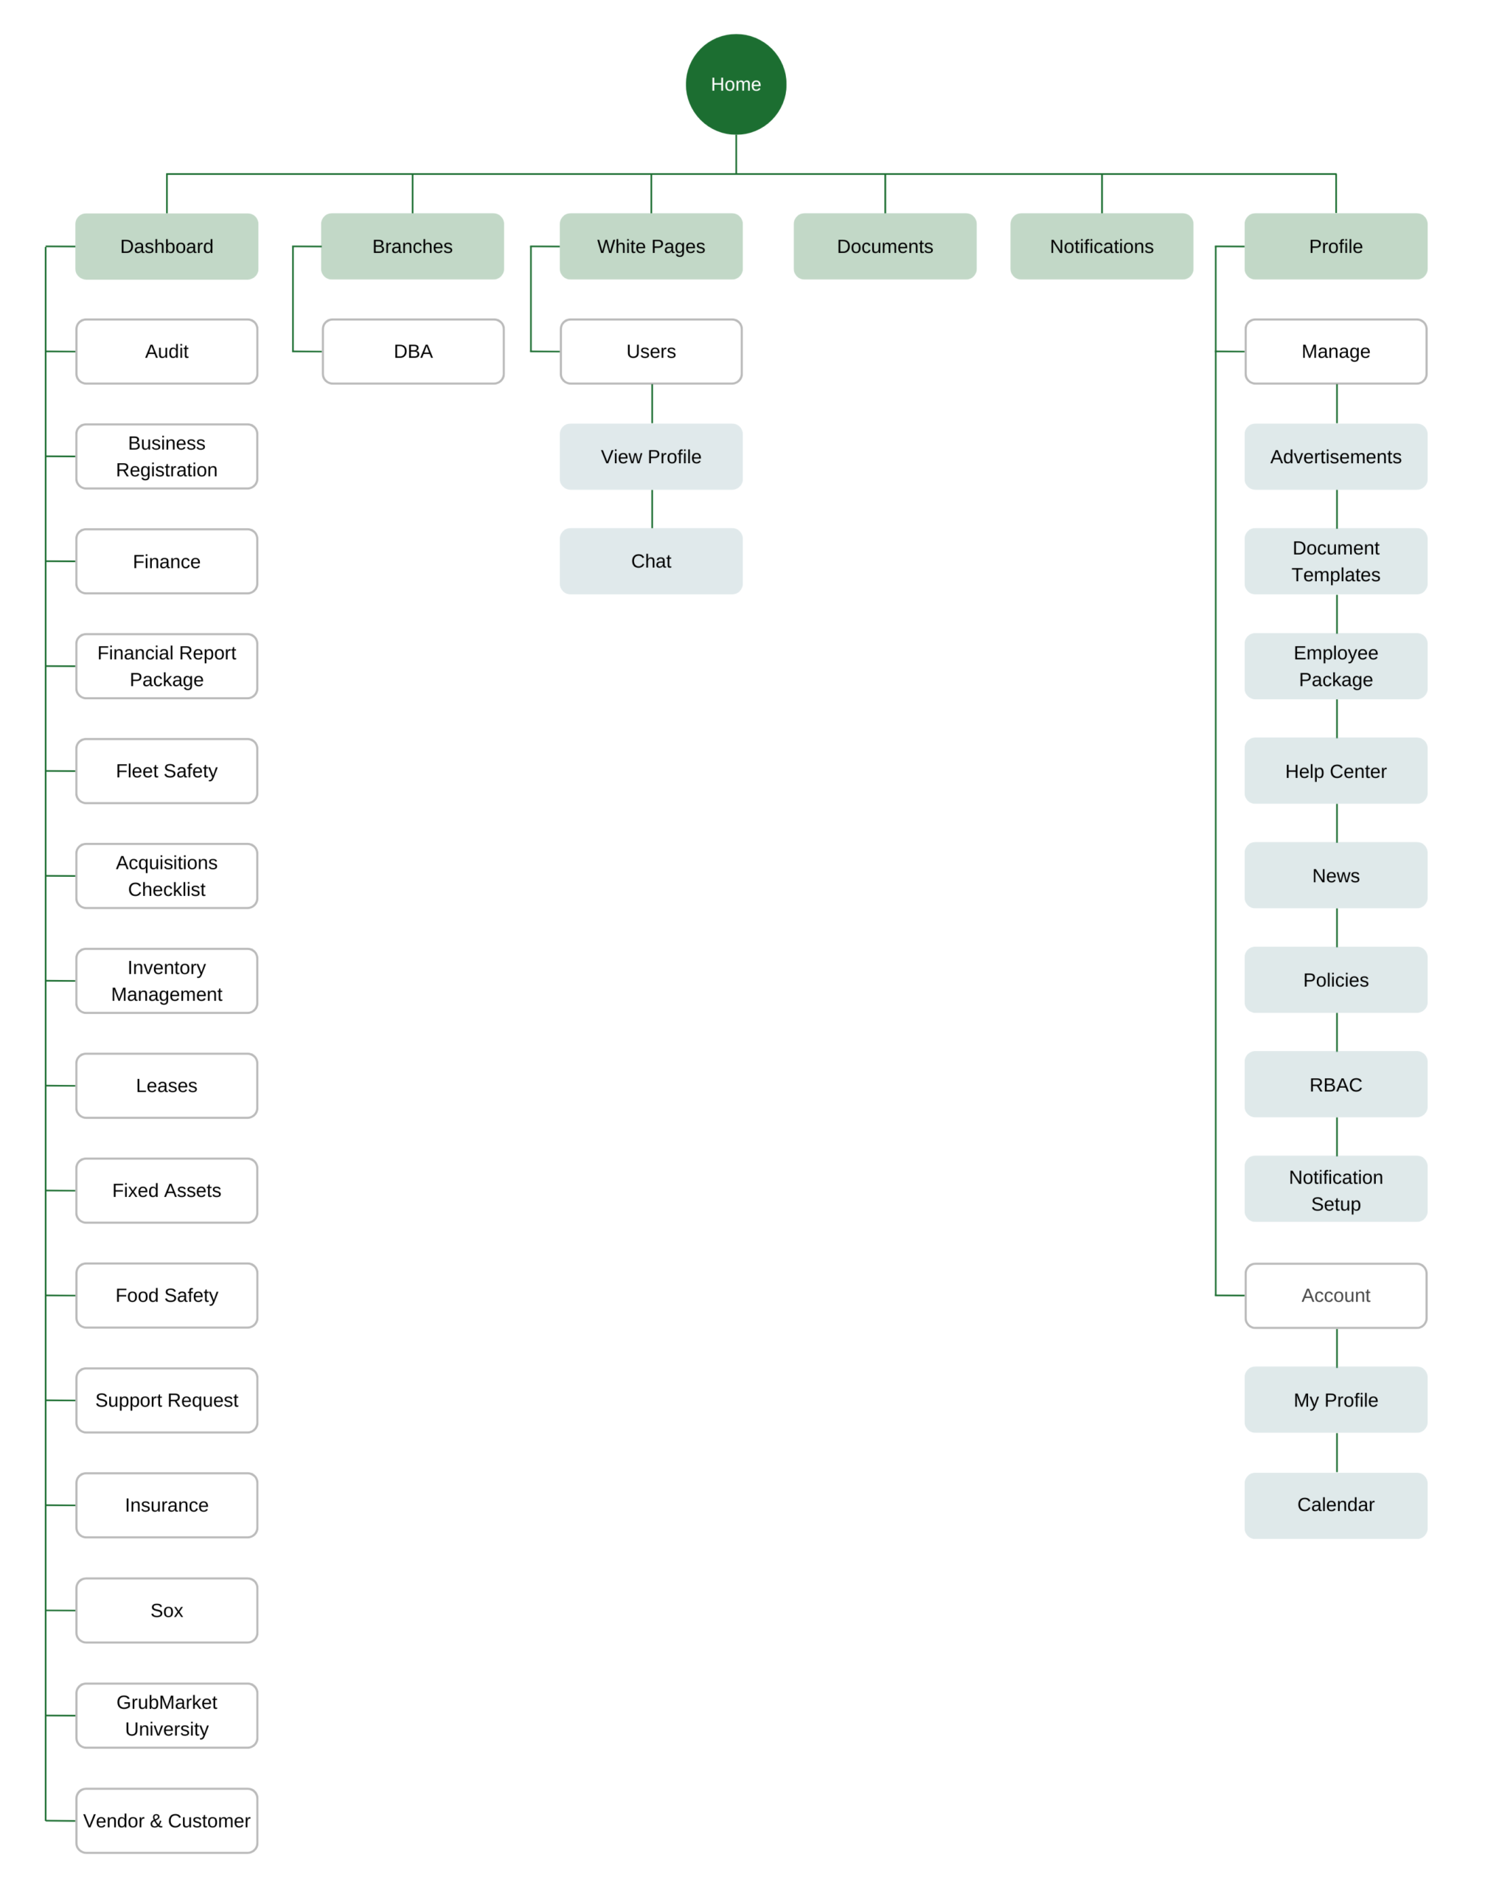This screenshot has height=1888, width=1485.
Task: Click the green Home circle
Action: click(736, 84)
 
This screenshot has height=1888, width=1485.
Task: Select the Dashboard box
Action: click(167, 246)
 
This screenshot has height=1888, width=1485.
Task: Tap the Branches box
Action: click(412, 246)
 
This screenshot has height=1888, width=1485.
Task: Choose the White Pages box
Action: click(651, 246)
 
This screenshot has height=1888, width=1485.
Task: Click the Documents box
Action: click(885, 246)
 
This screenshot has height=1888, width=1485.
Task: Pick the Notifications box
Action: click(1102, 246)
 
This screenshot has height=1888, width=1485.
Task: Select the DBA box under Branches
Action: click(413, 351)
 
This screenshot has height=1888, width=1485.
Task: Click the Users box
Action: click(651, 351)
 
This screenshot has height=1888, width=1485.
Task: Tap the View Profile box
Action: click(651, 457)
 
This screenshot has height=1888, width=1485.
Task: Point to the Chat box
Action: click(651, 561)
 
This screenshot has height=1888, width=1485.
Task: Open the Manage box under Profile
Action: click(1335, 351)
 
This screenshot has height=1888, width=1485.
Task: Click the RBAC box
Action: click(1335, 1084)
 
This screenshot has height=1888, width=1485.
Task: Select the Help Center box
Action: click(1335, 771)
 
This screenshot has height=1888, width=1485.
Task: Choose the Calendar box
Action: click(1335, 1504)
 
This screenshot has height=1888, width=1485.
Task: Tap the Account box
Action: click(1335, 1295)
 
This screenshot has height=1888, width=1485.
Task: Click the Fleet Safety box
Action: click(167, 771)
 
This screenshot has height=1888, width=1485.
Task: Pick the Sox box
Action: click(167, 1610)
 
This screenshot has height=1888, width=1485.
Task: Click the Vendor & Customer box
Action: click(167, 1820)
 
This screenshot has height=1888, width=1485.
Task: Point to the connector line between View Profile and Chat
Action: click(652, 509)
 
